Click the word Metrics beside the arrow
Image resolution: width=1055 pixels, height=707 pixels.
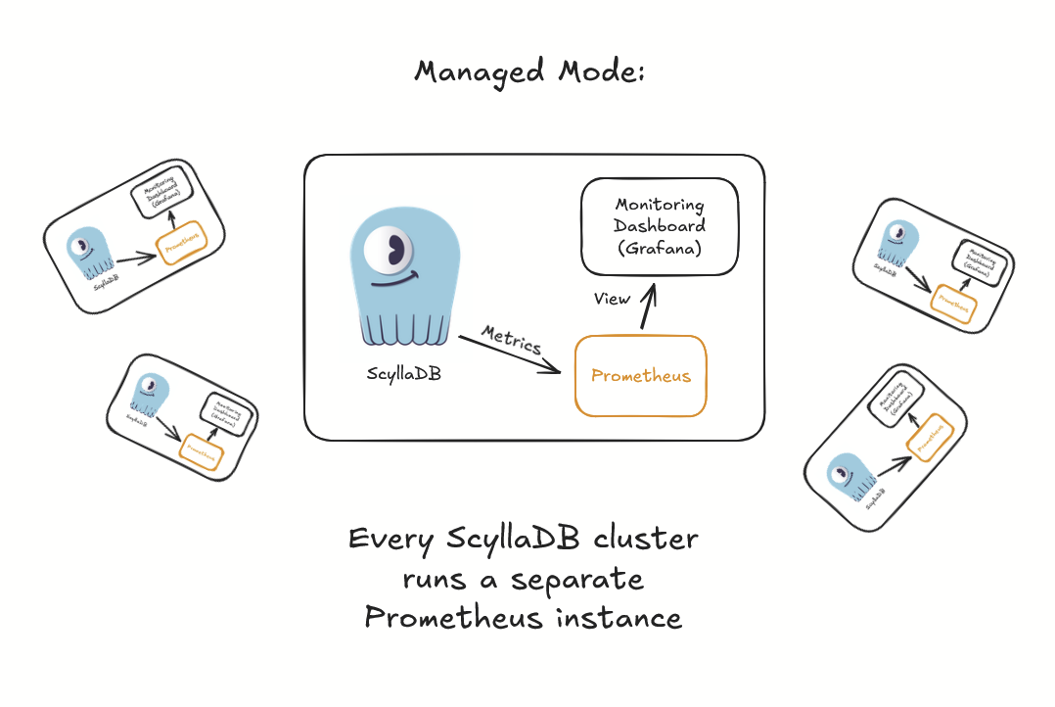point(513,339)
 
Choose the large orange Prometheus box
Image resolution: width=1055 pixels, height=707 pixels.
point(640,376)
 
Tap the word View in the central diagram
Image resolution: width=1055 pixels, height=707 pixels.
point(613,299)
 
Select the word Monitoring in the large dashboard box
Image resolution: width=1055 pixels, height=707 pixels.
point(659,206)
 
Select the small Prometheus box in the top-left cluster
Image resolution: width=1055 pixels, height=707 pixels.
point(184,249)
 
